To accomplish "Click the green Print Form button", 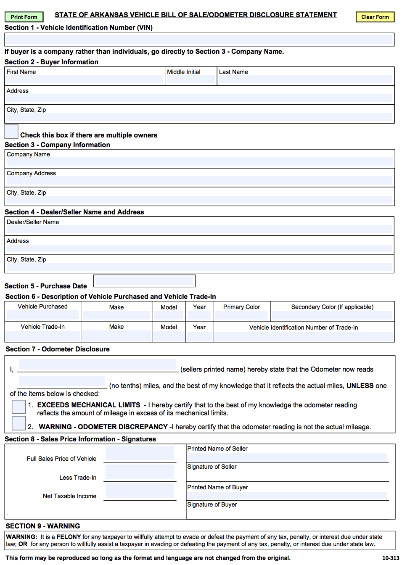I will point(24,17).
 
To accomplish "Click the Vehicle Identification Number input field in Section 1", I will point(199,40).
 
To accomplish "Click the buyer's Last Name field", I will point(305,79).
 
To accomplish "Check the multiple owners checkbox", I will point(11,132).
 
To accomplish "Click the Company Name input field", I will point(199,162).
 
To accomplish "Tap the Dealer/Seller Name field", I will point(199,230).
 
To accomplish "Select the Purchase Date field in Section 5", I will point(144,280).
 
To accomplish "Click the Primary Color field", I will point(241,315).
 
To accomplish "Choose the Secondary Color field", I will point(332,315).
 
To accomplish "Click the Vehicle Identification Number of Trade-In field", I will point(304,336).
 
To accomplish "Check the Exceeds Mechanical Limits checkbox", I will point(19,407).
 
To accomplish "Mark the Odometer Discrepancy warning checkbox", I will point(19,423).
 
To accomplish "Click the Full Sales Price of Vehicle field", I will point(140,454).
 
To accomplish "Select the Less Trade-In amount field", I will point(140,472).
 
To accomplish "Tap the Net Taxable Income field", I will point(140,491).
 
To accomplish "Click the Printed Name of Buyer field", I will point(287,496).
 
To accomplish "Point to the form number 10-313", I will point(390,558).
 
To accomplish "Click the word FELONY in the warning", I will point(69,537).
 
